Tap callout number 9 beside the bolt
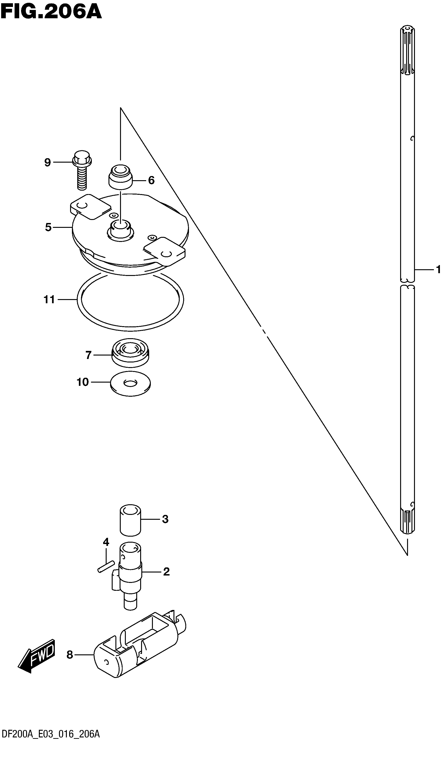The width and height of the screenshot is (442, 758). tap(47, 162)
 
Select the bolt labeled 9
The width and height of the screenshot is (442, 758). tap(82, 170)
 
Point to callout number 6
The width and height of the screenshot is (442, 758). tap(151, 180)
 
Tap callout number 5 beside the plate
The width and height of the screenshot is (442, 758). tap(48, 227)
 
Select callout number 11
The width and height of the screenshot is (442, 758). tap(49, 300)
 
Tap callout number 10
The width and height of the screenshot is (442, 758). tap(83, 382)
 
